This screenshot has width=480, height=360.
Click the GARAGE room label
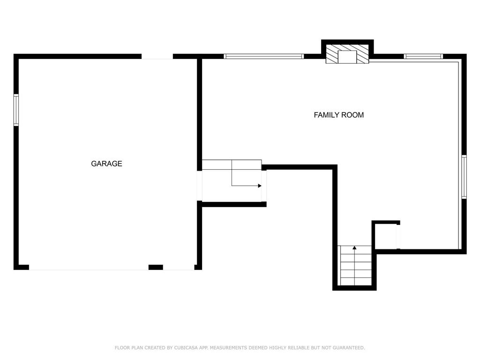point(106,164)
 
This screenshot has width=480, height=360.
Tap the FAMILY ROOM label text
point(338,115)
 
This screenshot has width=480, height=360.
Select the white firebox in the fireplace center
point(347,57)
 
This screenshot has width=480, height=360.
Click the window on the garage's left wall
point(16,110)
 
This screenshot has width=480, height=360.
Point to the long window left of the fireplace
point(264,56)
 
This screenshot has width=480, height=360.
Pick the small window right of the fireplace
point(423,56)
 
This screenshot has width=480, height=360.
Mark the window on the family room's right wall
point(464,177)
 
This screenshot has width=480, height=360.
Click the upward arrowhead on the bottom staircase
point(355,247)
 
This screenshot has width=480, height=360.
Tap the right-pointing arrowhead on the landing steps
point(260,186)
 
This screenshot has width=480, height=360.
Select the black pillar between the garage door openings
point(156,267)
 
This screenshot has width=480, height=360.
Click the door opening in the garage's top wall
point(157,56)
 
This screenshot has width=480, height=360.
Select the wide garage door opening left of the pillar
point(89,268)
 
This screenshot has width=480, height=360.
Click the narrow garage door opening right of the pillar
point(179,268)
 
